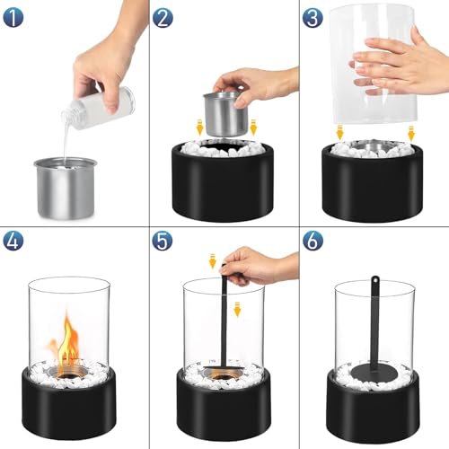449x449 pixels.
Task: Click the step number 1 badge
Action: tap(14, 15)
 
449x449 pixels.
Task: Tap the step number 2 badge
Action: tap(163, 16)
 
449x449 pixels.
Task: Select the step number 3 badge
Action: tap(312, 16)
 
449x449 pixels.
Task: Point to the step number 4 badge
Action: tap(14, 241)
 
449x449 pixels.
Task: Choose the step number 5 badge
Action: tap(163, 241)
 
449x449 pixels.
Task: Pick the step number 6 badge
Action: tap(312, 241)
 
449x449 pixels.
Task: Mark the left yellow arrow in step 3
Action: tap(339, 132)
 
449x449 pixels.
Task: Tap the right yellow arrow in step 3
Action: tap(410, 132)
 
